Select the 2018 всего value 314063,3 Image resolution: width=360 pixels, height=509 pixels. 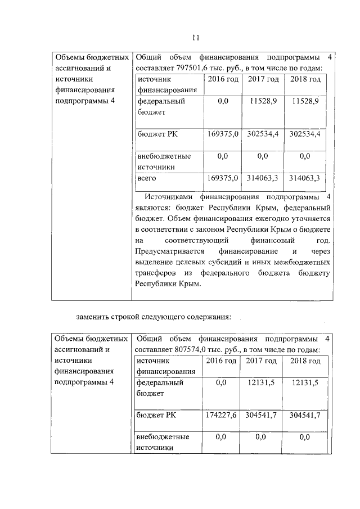click(x=304, y=178)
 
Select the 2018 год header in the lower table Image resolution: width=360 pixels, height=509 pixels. click(x=305, y=361)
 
